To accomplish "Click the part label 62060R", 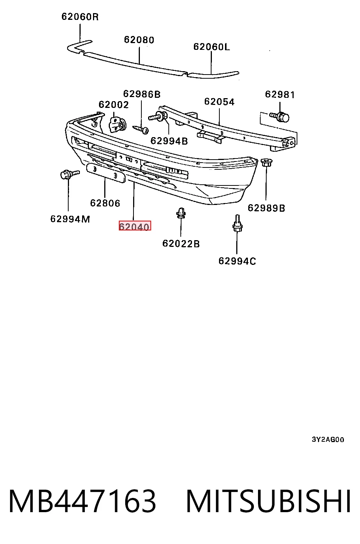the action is tap(80, 17).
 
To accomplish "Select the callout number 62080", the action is tap(139, 40).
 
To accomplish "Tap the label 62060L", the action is tap(211, 46).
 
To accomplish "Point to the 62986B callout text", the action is tap(142, 94).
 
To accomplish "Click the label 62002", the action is tap(114, 105).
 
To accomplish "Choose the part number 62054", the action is tap(219, 102).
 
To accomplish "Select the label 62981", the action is tap(280, 94).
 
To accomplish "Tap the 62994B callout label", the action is tap(169, 141).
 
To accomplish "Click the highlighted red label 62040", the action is tap(135, 226).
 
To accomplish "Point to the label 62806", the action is tap(105, 203).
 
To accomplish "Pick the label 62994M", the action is tap(70, 219).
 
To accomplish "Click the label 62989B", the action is tap(266, 208).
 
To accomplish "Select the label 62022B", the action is tap(181, 244).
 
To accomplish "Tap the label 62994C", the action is tap(237, 261).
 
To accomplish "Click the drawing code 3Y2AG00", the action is tap(328, 439).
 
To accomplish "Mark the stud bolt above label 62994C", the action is tap(237, 223).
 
